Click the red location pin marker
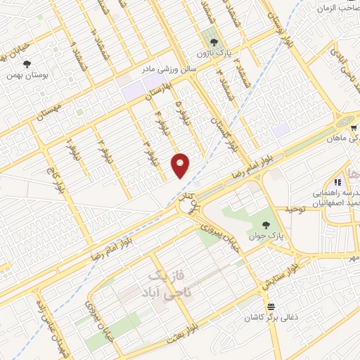coord(181,165)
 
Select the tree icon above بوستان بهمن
coord(27,63)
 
